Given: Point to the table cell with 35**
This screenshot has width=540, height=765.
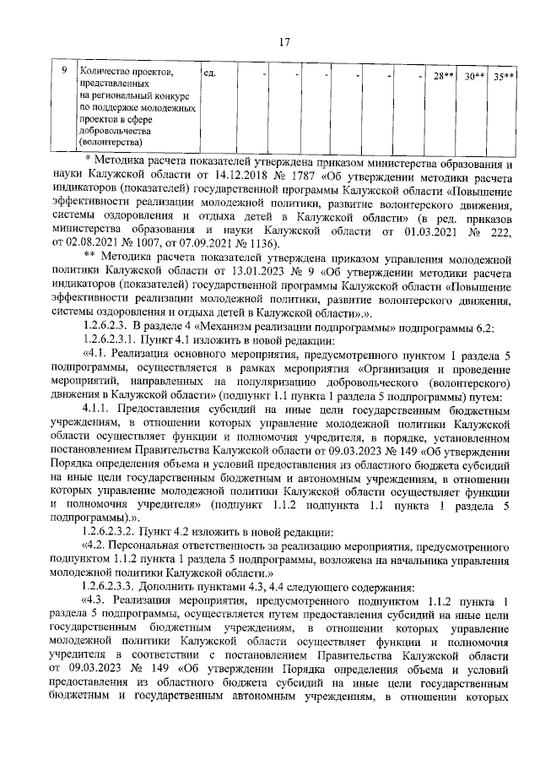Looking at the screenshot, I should [505, 75].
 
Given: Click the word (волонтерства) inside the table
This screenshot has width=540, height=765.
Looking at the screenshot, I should [110, 143].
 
